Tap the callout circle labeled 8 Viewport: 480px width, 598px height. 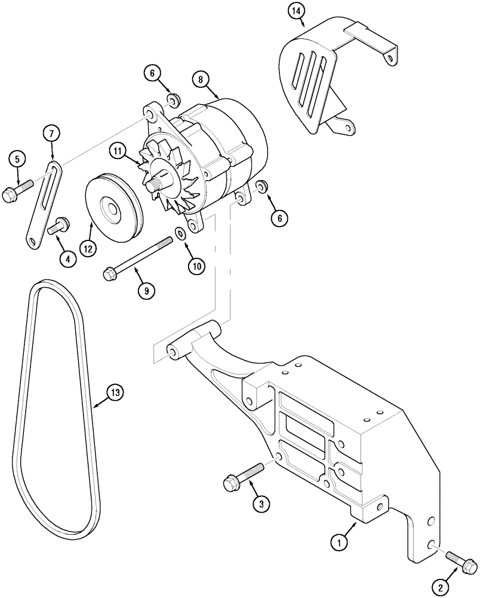[x=201, y=79]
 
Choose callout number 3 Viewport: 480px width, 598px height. [x=259, y=504]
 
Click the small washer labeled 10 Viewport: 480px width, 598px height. [x=180, y=232]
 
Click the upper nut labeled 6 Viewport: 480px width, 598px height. [x=173, y=98]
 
